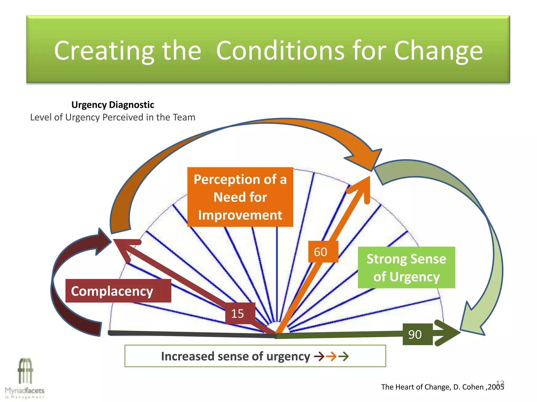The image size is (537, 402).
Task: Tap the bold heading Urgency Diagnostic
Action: click(x=113, y=105)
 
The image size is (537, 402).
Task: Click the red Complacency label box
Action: click(x=118, y=291)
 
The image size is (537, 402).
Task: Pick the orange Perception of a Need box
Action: click(x=240, y=197)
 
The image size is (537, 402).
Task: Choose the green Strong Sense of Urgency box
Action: click(x=406, y=267)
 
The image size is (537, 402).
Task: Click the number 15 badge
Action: click(x=238, y=314)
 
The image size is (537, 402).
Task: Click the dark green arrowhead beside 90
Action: click(x=448, y=333)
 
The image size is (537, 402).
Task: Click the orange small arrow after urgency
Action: click(x=331, y=356)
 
